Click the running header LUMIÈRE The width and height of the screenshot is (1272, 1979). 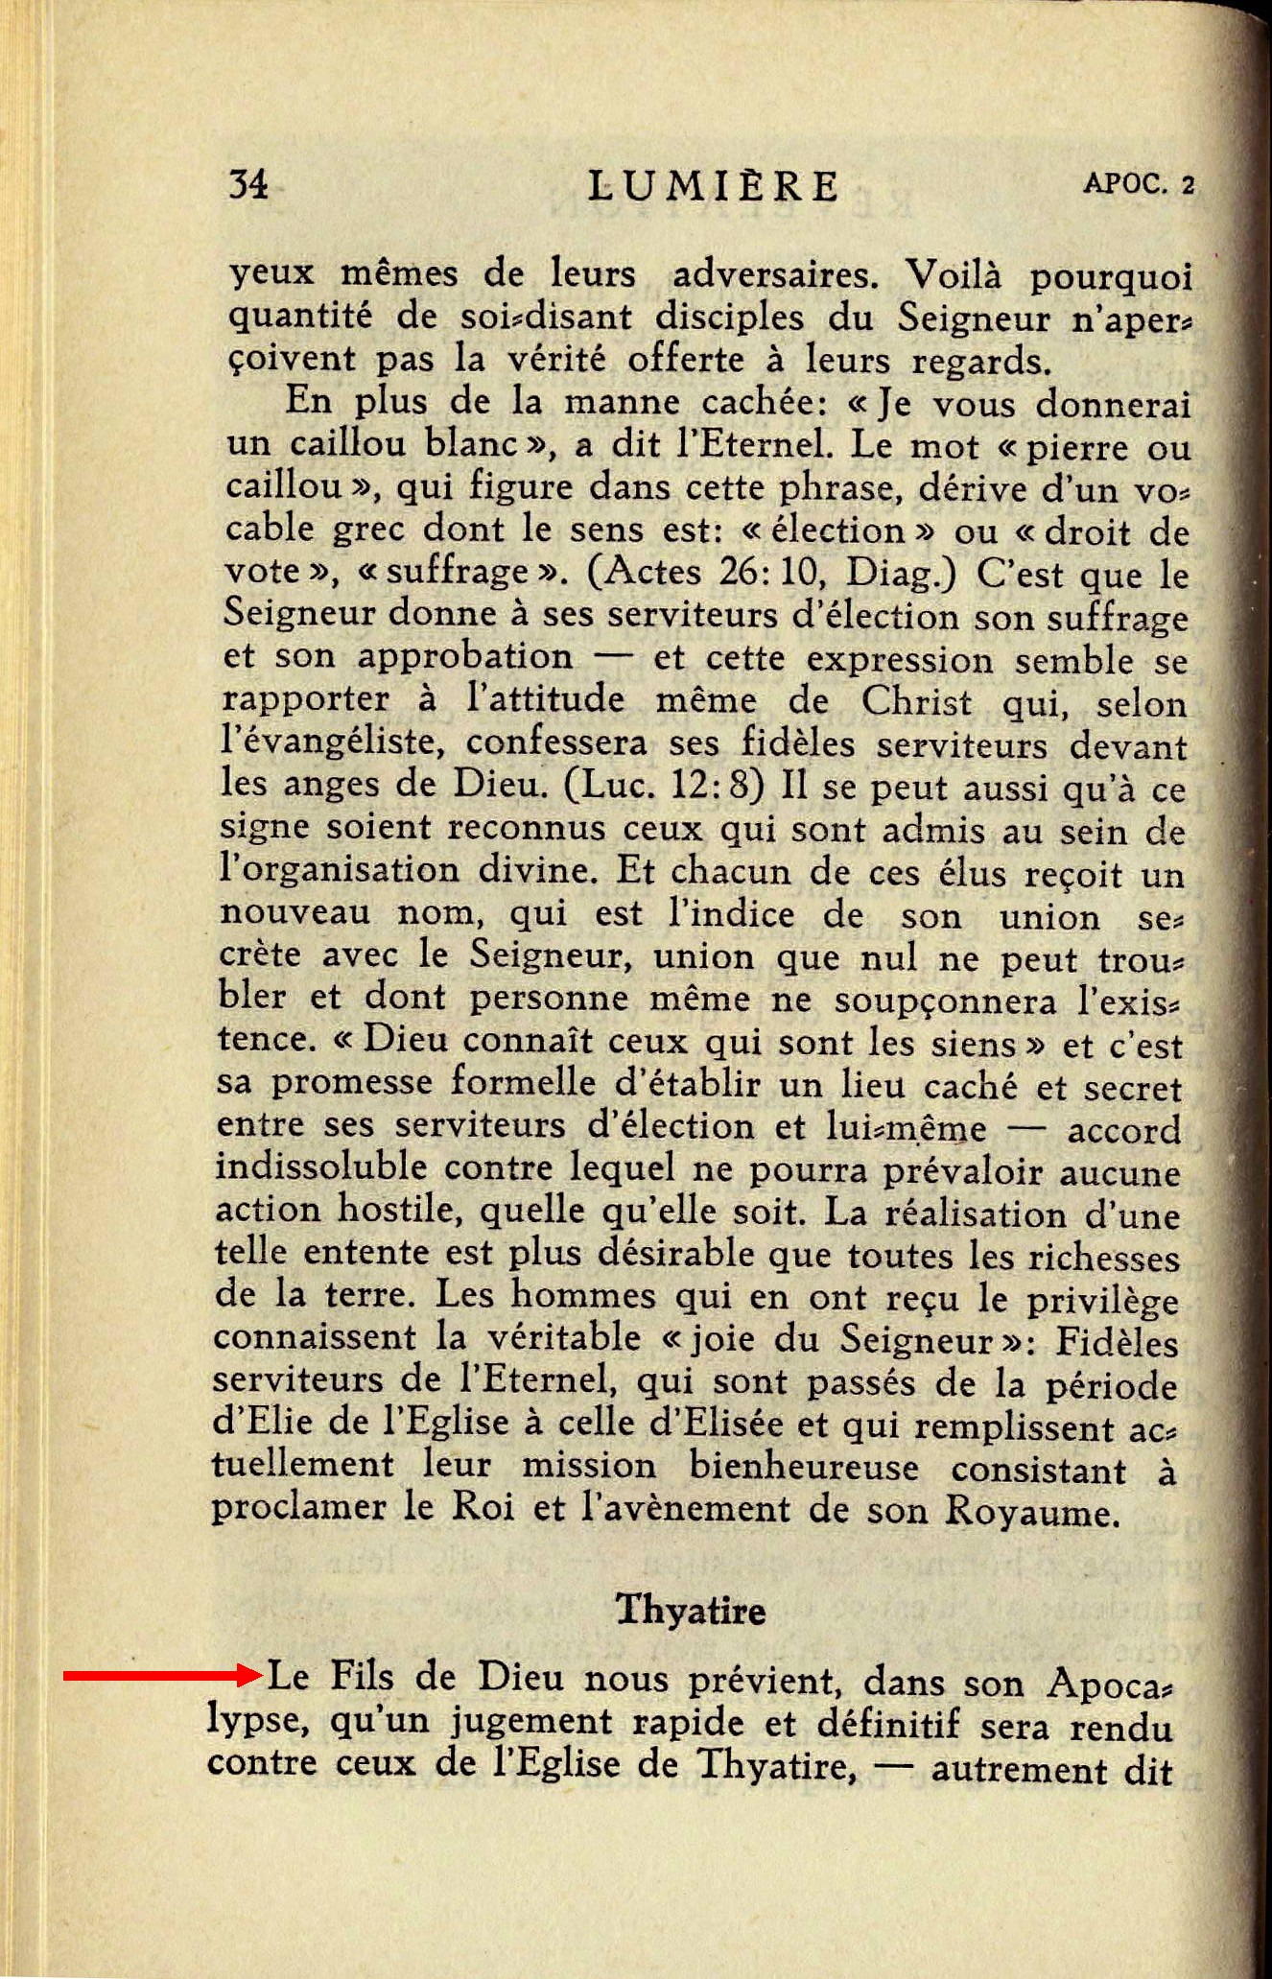(x=714, y=185)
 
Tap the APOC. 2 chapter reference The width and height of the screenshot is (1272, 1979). (x=1139, y=183)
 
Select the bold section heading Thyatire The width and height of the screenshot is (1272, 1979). (x=691, y=1609)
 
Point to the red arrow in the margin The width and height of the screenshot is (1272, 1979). (x=163, y=1676)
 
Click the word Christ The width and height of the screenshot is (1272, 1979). (x=915, y=701)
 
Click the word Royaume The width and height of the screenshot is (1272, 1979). (x=1032, y=1513)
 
